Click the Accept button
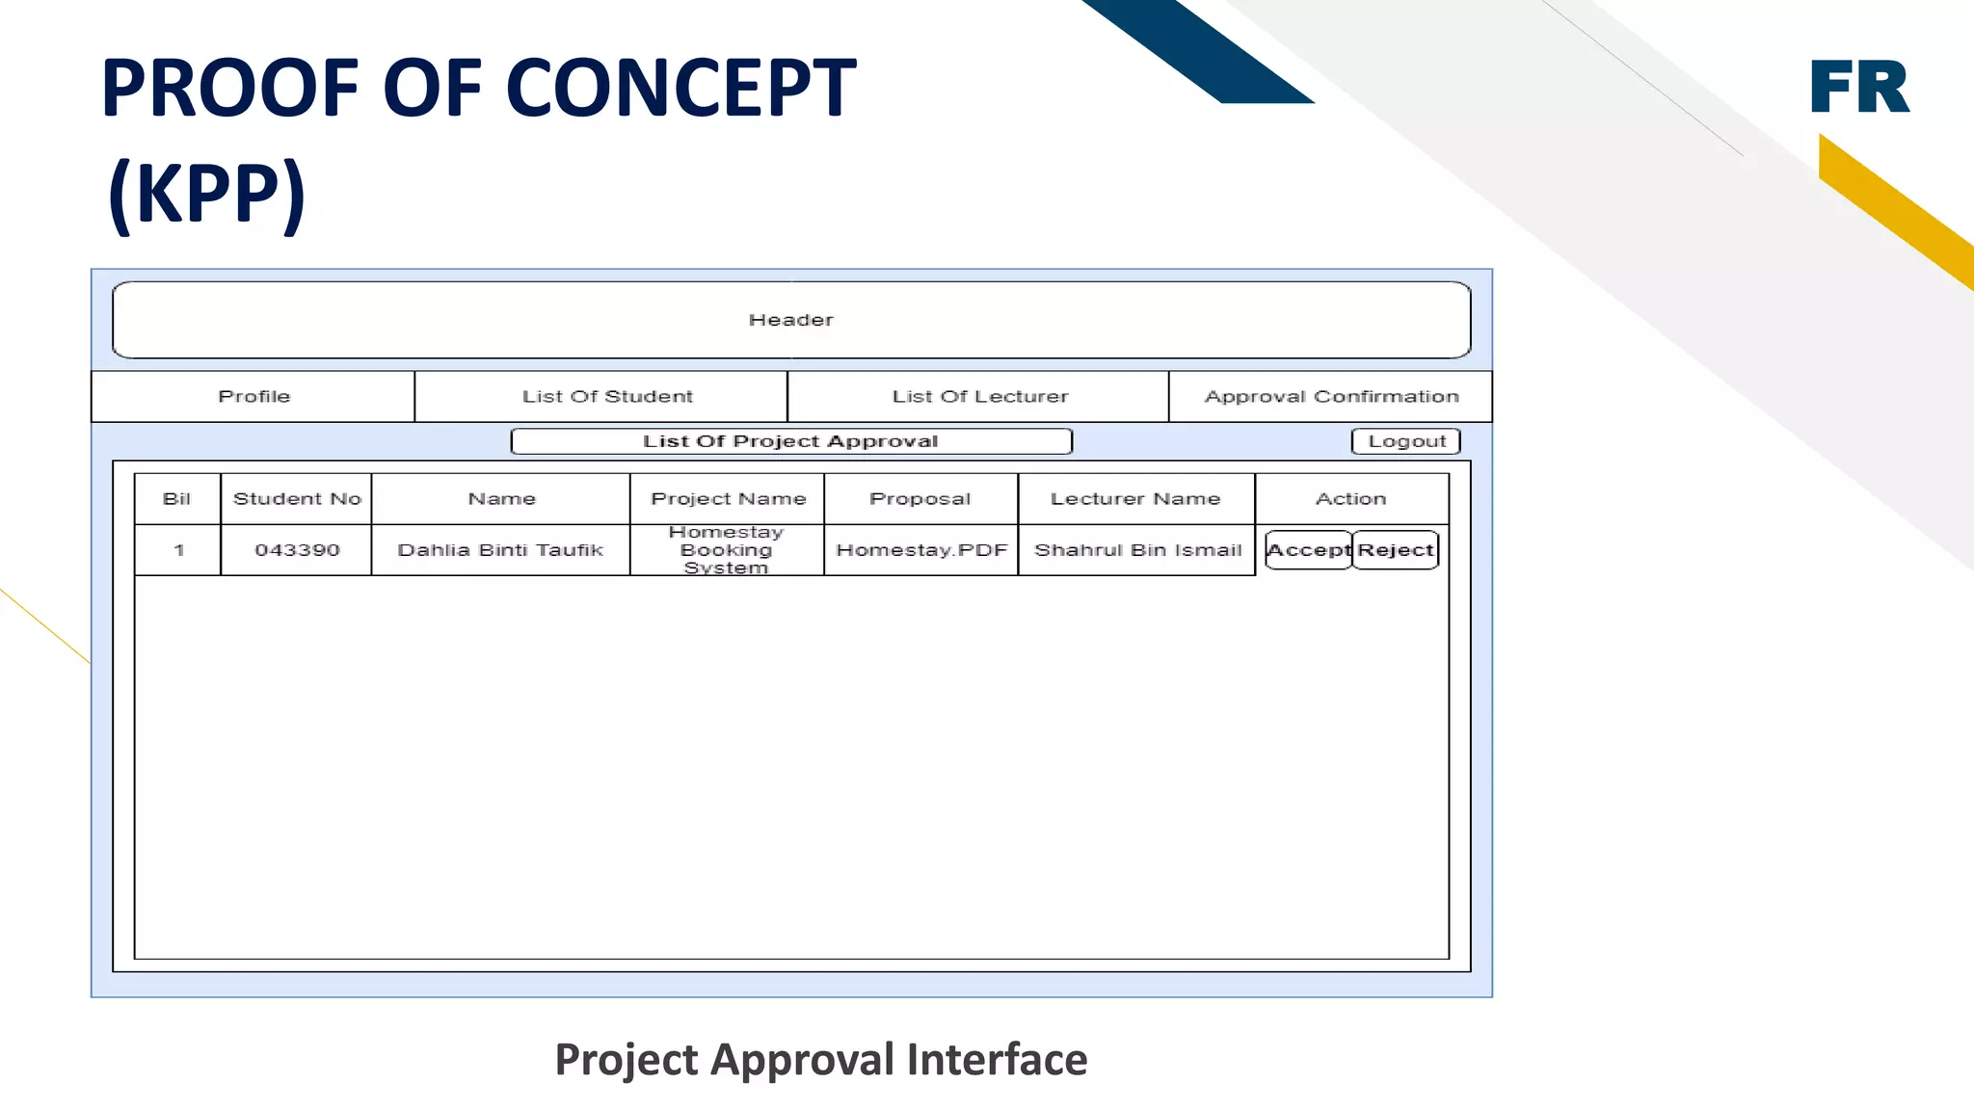[1308, 550]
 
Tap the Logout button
[1406, 441]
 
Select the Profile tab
[253, 397]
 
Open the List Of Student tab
[607, 397]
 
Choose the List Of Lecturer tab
[979, 397]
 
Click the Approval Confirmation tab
[1331, 397]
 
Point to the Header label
[790, 320]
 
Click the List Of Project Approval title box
[790, 441]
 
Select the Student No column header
[297, 499]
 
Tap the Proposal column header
[920, 499]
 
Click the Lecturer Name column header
[1135, 499]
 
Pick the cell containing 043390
[297, 550]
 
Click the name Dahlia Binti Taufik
[500, 550]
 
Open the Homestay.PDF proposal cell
[921, 550]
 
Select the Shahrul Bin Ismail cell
[1137, 550]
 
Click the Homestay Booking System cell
[727, 550]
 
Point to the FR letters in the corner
[1859, 87]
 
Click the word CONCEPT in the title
[680, 89]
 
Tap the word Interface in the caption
[997, 1060]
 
